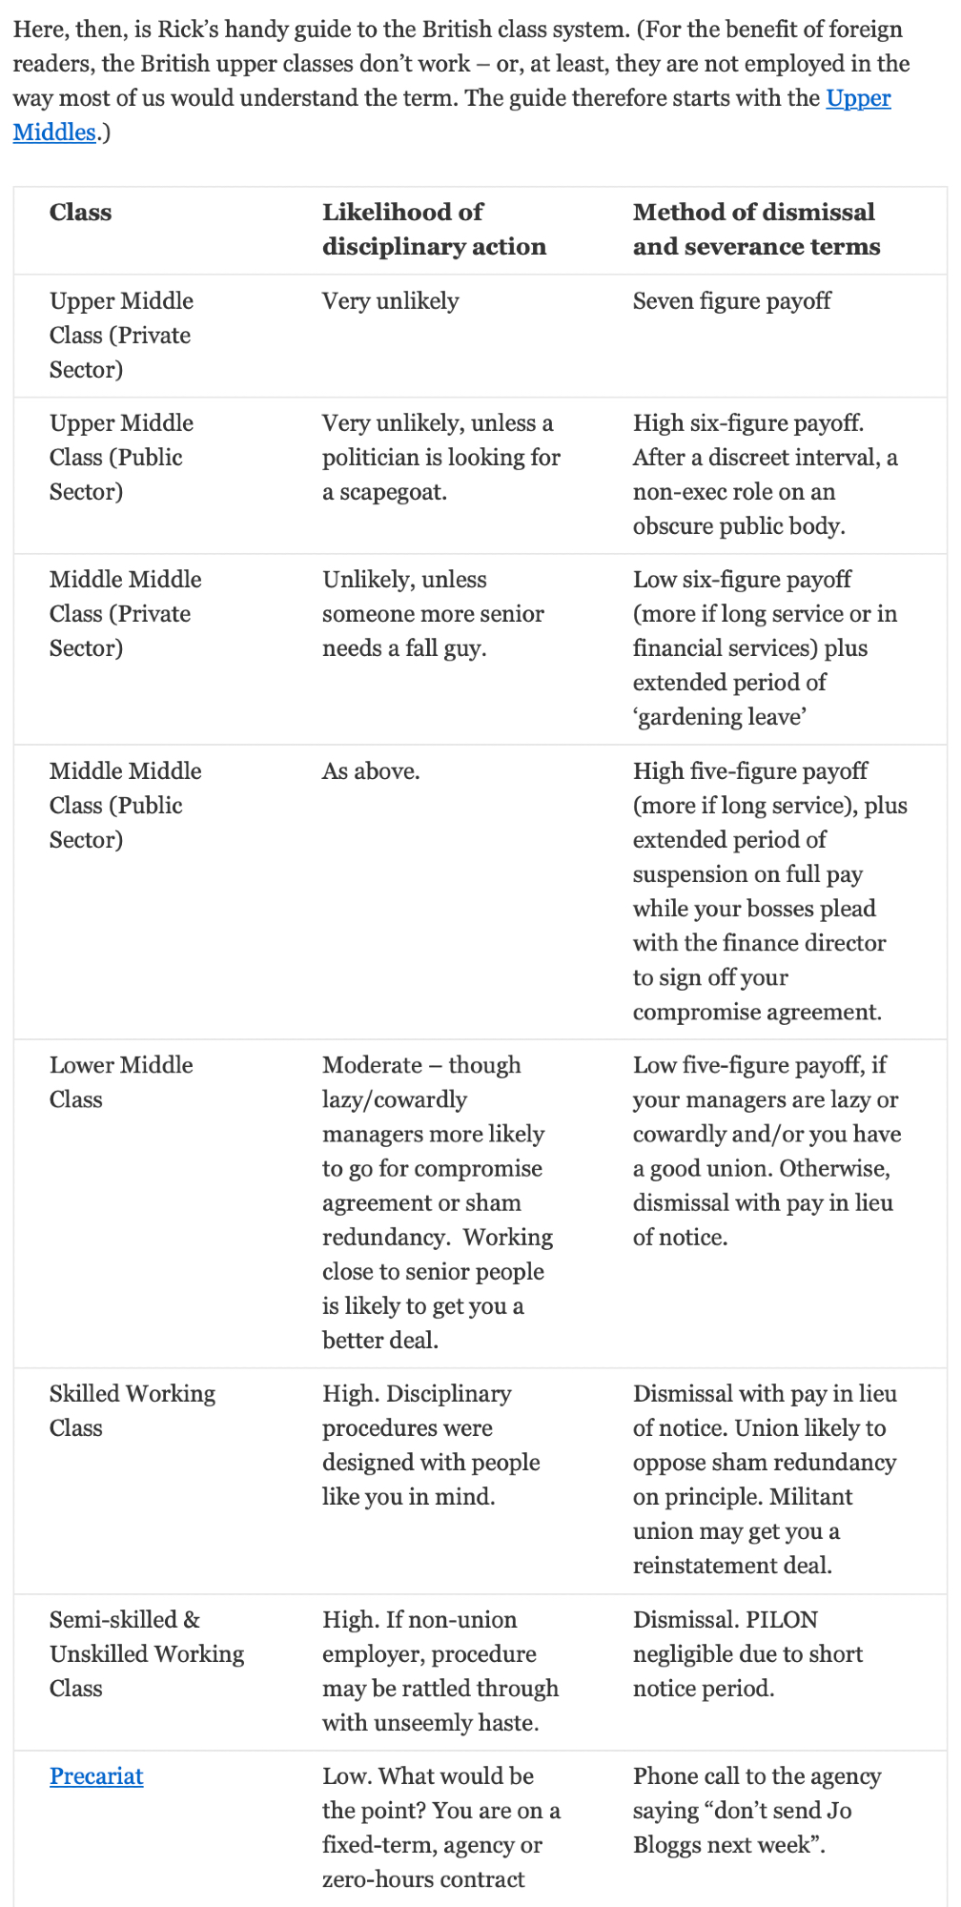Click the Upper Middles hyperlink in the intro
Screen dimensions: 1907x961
[858, 98]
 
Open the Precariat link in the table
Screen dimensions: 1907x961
[96, 1775]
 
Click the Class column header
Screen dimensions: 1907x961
[80, 212]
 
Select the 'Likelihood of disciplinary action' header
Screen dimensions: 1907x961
[434, 229]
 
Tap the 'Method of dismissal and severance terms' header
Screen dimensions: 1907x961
[756, 229]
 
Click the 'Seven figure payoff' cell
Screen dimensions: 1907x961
[731, 301]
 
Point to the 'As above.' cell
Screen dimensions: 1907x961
[371, 770]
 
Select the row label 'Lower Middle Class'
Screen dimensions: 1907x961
[121, 1081]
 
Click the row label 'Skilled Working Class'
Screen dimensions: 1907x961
[132, 1410]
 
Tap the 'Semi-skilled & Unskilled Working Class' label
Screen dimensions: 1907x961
[146, 1653]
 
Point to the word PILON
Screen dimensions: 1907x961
[782, 1619]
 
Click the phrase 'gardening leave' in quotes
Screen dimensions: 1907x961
[721, 717]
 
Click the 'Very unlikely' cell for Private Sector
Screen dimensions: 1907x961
[390, 301]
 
